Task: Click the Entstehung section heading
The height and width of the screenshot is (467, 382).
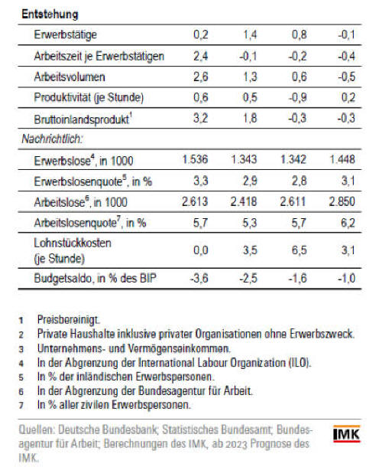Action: (50, 14)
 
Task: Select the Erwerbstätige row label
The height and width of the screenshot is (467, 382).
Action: (66, 34)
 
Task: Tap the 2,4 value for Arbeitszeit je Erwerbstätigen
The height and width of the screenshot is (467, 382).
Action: (201, 56)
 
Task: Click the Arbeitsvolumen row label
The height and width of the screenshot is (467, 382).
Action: (70, 77)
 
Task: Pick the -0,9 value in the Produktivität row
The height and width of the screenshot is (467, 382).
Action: (297, 97)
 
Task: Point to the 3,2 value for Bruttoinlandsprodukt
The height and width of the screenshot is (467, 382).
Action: (201, 118)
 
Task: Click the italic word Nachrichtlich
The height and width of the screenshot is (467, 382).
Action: (52, 139)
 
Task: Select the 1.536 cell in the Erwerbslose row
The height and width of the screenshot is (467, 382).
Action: (195, 159)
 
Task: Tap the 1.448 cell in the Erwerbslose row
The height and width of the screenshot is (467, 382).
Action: (342, 159)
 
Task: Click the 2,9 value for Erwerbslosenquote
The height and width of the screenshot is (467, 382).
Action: (250, 181)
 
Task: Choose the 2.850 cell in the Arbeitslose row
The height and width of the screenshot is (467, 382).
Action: (342, 201)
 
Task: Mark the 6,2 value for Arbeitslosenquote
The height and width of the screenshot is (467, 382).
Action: (348, 223)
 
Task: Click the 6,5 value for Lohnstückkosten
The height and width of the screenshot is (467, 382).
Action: (299, 250)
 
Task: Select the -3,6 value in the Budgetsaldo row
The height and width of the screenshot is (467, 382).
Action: (199, 279)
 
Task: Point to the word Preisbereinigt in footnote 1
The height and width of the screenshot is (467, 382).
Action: (68, 320)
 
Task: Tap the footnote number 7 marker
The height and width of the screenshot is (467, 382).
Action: (21, 405)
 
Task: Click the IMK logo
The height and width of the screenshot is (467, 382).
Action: (346, 434)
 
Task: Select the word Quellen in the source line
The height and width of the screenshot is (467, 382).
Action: (37, 429)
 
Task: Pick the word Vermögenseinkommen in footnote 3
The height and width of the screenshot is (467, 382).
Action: (179, 348)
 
